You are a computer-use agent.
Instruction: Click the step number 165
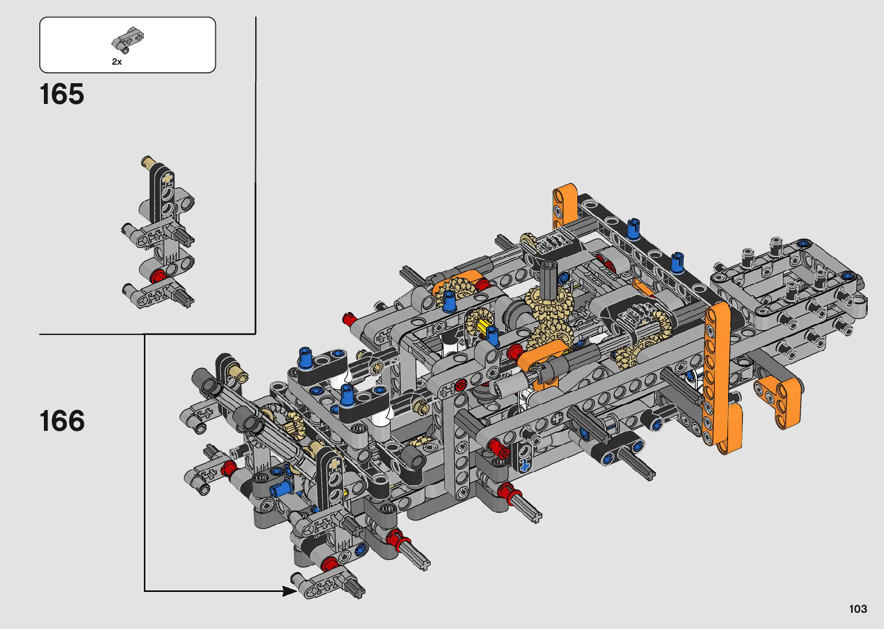(62, 94)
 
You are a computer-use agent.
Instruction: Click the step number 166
(62, 421)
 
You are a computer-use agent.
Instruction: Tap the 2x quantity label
(117, 62)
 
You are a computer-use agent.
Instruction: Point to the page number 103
(858, 609)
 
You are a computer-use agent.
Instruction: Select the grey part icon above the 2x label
(127, 39)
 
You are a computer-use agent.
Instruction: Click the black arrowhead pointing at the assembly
(290, 591)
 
